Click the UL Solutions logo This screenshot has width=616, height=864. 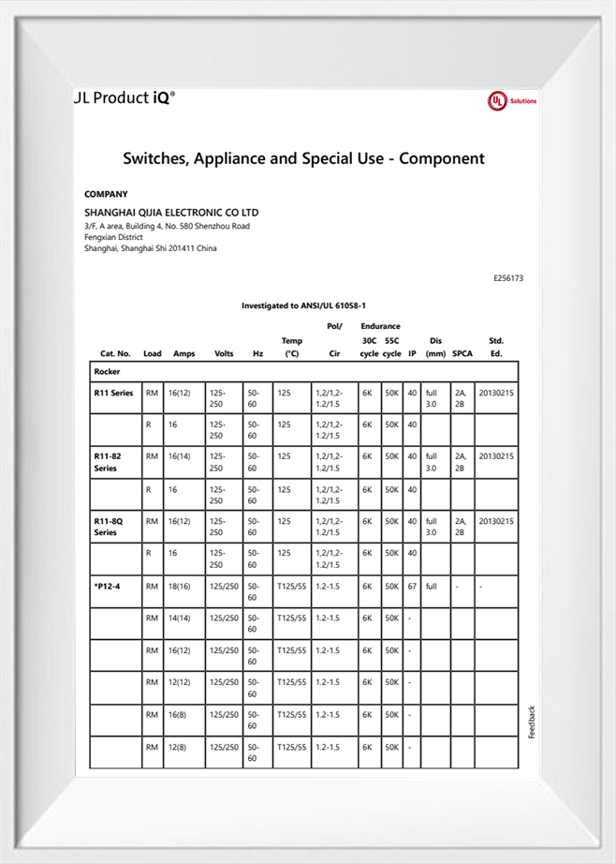511,101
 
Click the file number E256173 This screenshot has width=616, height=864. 507,278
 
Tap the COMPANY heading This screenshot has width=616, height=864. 106,194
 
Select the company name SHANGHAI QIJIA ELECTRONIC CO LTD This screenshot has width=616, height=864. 171,213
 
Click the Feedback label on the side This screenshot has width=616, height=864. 532,722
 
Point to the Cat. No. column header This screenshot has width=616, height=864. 115,354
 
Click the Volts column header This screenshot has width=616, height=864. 224,354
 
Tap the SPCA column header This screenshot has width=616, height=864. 462,354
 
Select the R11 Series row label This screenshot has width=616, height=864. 114,394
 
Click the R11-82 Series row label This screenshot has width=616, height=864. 109,462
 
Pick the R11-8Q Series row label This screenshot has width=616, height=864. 109,527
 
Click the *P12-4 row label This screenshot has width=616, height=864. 108,586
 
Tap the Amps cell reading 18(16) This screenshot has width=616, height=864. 180,586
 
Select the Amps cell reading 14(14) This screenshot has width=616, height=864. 180,618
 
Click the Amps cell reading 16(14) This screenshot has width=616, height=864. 180,456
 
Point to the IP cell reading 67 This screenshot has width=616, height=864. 412,586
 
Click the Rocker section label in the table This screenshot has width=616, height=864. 107,372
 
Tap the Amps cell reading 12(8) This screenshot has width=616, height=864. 178,747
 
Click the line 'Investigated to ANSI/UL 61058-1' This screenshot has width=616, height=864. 303,305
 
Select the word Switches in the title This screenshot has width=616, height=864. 155,158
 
